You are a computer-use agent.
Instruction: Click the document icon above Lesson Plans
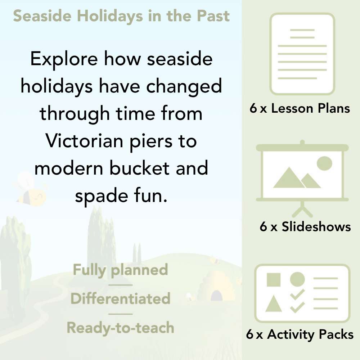[x=302, y=54]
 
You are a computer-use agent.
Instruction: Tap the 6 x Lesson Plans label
[x=300, y=108]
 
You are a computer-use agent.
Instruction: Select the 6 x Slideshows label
[x=305, y=226]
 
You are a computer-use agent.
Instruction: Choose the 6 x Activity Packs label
[x=300, y=334]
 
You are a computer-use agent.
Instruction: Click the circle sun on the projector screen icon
[x=324, y=163]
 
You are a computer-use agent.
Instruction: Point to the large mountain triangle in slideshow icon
[x=288, y=178]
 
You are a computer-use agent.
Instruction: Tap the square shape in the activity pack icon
[x=274, y=280]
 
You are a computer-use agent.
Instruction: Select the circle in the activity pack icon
[x=297, y=279]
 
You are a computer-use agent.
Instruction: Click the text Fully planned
[x=120, y=270]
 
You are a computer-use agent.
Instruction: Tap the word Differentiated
[x=120, y=299]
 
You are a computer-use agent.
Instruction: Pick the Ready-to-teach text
[x=120, y=328]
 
